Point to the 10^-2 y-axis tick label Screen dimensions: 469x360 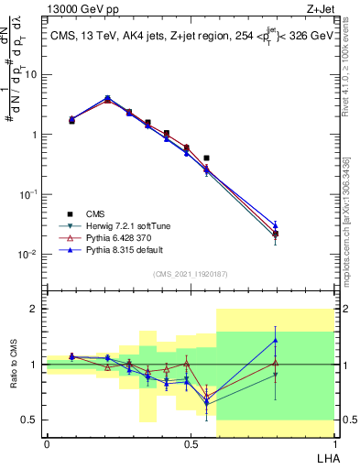[x=29, y=254]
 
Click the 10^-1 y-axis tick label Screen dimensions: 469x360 [x=29, y=194]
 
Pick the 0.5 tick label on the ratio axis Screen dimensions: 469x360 [x=32, y=420]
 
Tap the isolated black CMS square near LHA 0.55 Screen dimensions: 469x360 [x=206, y=158]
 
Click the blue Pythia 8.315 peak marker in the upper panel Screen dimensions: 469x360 [x=108, y=97]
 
